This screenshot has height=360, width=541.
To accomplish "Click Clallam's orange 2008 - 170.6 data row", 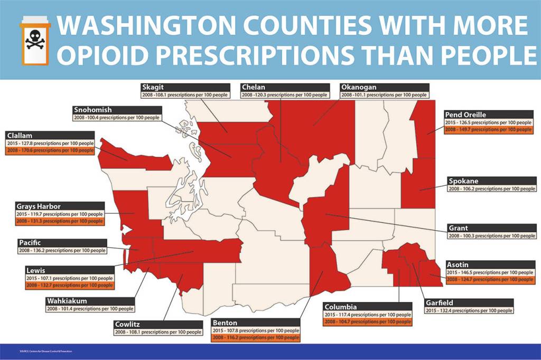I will tap(51, 150).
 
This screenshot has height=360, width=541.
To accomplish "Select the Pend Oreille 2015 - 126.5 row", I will tap(488, 122).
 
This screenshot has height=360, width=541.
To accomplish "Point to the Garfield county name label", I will tap(440, 303).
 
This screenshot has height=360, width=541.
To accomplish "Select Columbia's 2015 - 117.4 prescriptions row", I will tap(367, 314).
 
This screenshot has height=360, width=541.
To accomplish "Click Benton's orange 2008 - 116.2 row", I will tap(256, 337).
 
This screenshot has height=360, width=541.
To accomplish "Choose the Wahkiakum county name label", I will tap(67, 301).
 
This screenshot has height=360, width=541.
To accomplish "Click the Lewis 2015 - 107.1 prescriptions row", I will tap(69, 278).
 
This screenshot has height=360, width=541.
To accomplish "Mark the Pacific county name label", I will tap(31, 242).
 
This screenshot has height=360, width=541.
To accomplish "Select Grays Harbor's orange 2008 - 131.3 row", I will tap(60, 221).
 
